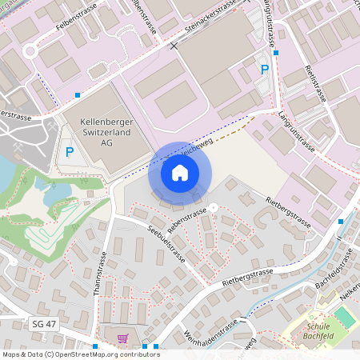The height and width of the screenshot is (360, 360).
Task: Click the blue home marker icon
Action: (x=180, y=173)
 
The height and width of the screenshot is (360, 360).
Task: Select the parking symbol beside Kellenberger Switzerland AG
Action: (x=70, y=152)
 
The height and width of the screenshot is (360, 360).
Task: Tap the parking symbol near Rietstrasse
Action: (x=264, y=70)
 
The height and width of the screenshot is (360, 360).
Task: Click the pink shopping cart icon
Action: (x=122, y=339)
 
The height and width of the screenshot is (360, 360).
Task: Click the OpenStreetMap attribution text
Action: (x=81, y=354)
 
